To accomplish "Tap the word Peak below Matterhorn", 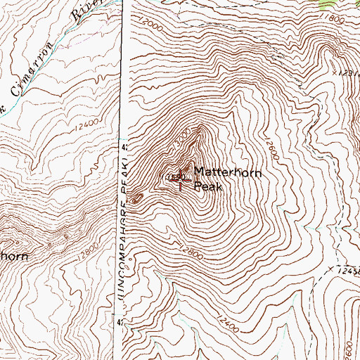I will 207,186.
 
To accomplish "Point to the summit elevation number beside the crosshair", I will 171,176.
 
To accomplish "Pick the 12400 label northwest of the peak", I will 91,124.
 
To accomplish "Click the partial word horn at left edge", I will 14,257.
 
